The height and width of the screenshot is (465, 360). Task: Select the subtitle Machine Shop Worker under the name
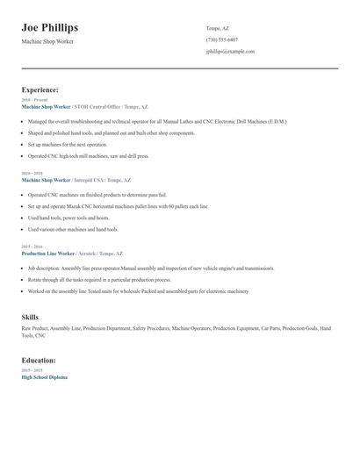click(47, 42)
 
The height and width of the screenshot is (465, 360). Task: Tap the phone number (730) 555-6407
click(221, 39)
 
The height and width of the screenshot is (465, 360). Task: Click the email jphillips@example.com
click(230, 51)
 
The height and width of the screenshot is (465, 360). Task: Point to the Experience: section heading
click(40, 89)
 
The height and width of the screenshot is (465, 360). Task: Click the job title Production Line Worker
click(47, 253)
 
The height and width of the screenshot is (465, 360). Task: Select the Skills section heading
click(30, 316)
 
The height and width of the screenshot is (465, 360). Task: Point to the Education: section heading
click(39, 360)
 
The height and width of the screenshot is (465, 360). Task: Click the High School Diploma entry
click(44, 376)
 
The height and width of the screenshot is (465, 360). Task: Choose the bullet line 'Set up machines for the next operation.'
click(67, 144)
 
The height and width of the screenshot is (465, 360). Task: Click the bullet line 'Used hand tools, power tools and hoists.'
click(68, 218)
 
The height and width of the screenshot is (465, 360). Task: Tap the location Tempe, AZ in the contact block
click(220, 27)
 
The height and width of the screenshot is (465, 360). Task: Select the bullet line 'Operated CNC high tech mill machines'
click(88, 155)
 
